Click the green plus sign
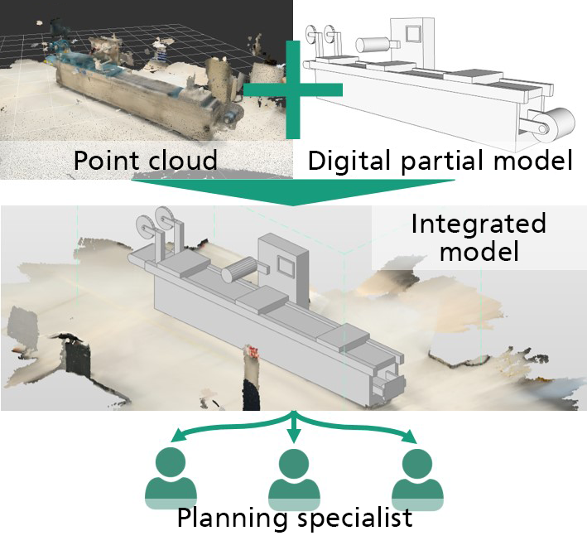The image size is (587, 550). [293, 89]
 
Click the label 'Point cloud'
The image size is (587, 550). [145, 161]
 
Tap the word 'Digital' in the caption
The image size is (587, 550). [349, 161]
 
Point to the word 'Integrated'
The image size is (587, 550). [478, 224]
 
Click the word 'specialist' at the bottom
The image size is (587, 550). [354, 519]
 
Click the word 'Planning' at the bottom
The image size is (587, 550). [232, 519]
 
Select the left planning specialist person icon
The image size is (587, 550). [171, 479]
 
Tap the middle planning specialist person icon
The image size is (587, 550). [294, 479]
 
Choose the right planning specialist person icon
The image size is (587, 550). [417, 479]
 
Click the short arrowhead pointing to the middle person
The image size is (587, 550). [294, 436]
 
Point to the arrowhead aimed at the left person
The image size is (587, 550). [178, 436]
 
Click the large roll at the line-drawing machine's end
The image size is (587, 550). [554, 125]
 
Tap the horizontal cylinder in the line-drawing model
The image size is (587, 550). [373, 45]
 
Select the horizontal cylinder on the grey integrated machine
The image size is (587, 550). [239, 270]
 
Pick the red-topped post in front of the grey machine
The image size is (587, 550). [251, 377]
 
